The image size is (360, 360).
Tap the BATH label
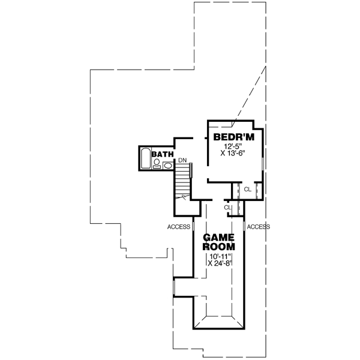(x=162, y=154)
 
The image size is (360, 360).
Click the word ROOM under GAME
(x=218, y=246)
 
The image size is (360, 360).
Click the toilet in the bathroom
(x=157, y=162)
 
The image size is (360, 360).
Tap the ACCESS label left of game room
(x=179, y=227)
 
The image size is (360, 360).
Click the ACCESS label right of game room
(x=258, y=227)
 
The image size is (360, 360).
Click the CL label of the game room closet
(x=227, y=207)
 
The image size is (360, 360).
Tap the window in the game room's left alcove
(x=173, y=287)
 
